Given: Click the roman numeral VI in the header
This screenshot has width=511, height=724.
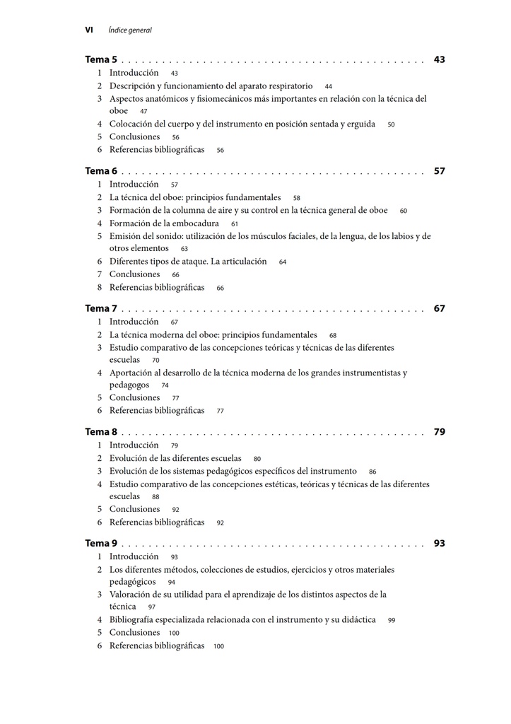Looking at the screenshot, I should tap(89, 30).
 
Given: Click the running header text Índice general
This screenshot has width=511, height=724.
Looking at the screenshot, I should tap(130, 30).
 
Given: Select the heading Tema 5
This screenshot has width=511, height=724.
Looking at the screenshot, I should tap(101, 60).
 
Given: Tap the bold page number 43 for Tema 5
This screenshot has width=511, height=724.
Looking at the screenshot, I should tap(440, 60).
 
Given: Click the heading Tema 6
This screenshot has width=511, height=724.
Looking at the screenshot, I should tap(101, 171).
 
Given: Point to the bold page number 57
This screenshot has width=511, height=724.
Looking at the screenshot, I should tap(440, 171).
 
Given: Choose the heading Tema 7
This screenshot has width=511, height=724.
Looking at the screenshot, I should tap(101, 308).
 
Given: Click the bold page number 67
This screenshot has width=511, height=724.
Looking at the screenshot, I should tap(440, 308).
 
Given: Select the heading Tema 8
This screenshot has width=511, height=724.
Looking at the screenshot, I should tap(101, 432).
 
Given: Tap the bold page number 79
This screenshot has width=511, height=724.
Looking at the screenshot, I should tap(440, 432).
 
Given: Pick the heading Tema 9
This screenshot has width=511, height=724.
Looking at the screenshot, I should tap(101, 544).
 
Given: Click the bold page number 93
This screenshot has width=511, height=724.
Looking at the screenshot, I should tap(440, 544).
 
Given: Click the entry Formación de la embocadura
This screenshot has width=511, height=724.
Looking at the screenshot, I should tap(164, 223).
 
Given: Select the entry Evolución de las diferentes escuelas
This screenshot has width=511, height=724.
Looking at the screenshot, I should tap(175, 458).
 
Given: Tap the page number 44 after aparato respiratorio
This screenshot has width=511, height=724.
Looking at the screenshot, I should tap(329, 86).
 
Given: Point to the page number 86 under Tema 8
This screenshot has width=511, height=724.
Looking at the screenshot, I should tap(372, 472).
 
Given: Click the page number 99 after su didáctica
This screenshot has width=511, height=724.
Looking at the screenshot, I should tap(392, 620).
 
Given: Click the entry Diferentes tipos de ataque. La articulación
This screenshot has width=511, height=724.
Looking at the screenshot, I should tap(188, 262).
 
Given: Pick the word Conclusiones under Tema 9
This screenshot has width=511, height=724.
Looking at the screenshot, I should tap(134, 633).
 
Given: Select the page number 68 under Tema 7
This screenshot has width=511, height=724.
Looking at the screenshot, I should tap(333, 335).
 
